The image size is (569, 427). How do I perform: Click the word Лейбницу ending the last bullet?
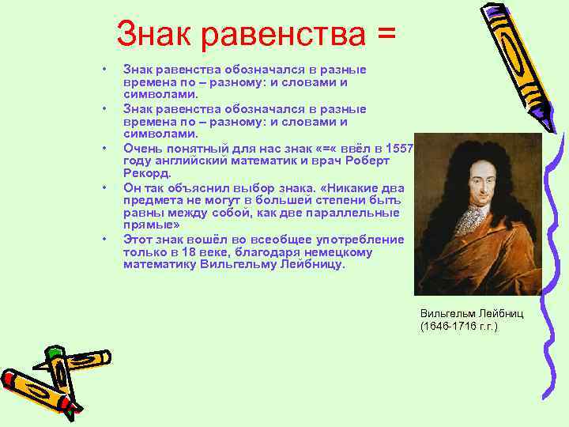pyautogui.click(x=314, y=265)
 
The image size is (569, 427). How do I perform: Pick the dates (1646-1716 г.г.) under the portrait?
pyautogui.click(x=459, y=326)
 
